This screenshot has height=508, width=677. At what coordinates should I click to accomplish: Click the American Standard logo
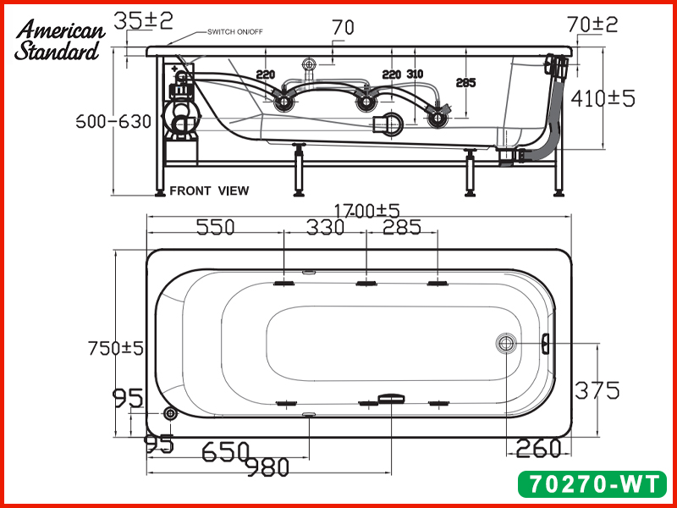click(59, 40)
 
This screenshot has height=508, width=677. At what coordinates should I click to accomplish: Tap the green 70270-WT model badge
click(592, 483)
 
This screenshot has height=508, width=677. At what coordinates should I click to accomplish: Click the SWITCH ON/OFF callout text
click(235, 32)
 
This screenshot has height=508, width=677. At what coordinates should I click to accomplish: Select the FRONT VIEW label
click(209, 190)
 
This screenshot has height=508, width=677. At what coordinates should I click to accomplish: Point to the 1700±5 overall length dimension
click(367, 211)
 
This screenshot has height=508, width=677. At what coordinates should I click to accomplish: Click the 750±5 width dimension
click(115, 348)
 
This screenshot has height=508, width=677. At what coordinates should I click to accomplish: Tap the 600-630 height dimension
click(113, 121)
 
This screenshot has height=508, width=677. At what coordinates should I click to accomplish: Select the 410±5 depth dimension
click(603, 99)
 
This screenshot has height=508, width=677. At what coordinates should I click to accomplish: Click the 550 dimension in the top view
click(216, 227)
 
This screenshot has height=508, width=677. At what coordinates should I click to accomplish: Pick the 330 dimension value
click(325, 227)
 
